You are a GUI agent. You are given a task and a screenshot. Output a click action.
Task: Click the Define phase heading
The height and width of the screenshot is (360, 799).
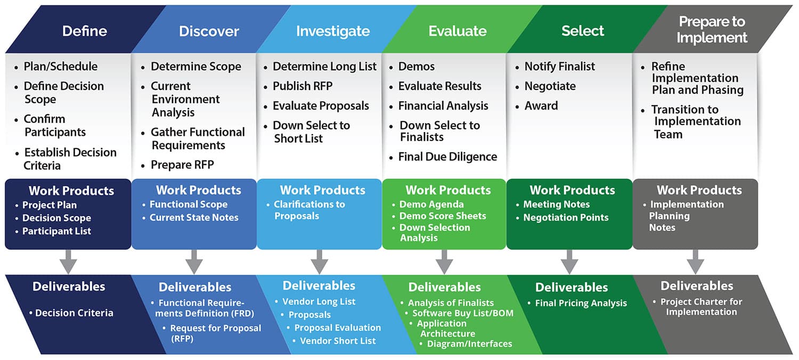coord(85,31)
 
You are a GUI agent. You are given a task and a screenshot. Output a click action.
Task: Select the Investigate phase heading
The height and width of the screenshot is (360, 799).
coord(333,31)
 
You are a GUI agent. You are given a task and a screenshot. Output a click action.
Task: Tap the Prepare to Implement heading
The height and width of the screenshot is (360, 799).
coord(712,30)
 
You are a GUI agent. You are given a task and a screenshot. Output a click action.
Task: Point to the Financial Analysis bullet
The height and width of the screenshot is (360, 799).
coord(443,106)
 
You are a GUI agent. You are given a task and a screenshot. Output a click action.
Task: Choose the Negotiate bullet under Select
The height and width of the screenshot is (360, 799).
coord(550,86)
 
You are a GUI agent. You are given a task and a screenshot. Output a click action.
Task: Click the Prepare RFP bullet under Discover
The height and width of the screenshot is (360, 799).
coord(182,165)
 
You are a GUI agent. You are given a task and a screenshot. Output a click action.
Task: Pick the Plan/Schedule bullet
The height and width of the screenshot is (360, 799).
coord(61,67)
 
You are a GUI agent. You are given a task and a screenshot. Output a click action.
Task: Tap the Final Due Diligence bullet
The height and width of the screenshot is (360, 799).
coord(447,157)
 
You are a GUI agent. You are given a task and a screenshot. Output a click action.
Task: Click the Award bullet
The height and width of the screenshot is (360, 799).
coord(541,106)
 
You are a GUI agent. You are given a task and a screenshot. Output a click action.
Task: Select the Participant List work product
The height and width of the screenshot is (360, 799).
coord(56,231)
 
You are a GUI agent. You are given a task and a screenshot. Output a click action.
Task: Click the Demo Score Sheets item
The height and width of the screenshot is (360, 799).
coord(443,216)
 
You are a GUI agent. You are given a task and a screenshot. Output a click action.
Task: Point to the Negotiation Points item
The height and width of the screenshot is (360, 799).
coord(566,217)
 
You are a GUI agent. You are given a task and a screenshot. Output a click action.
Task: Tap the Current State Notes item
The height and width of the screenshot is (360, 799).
coord(194,217)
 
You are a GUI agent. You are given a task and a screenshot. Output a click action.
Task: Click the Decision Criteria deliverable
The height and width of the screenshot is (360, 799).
coord(74,313)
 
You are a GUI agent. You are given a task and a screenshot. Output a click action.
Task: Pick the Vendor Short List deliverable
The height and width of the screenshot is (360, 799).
coord(338,341)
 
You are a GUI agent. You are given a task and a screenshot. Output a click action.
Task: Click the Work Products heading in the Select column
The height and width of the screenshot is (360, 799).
coord(572,190)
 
